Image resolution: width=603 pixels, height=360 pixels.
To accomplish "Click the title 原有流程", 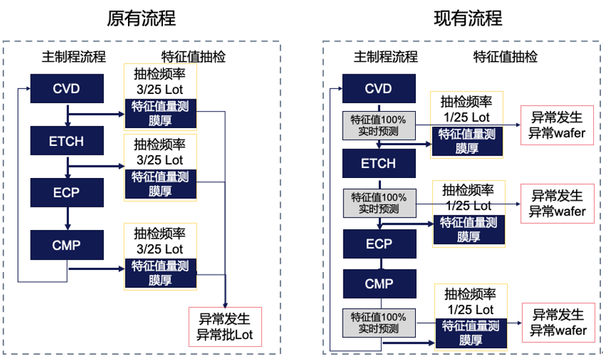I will click(x=141, y=18).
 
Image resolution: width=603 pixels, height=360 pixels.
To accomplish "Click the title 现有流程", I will click(x=468, y=18).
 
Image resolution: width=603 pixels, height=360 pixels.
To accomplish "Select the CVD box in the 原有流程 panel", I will click(x=67, y=87).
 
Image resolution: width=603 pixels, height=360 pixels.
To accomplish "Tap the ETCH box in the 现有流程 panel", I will click(x=378, y=164).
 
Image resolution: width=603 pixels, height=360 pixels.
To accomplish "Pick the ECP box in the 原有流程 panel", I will click(x=67, y=191).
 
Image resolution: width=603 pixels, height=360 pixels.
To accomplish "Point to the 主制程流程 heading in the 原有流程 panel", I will click(x=74, y=56).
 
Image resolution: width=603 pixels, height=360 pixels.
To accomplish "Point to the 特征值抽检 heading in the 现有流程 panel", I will click(x=506, y=56).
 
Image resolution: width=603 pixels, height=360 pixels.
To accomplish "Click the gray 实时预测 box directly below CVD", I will click(x=378, y=125).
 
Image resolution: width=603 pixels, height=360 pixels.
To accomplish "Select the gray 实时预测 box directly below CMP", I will click(x=378, y=323).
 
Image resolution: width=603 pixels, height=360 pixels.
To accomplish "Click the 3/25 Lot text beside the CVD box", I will click(x=159, y=89).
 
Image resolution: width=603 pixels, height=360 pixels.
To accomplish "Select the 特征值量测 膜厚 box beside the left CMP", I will click(x=160, y=273).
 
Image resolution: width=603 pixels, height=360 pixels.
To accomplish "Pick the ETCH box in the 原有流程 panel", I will click(x=67, y=141).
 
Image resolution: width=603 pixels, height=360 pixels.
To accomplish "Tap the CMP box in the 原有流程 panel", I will click(x=67, y=246).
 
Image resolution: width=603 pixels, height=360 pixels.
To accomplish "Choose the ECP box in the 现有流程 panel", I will click(x=378, y=244).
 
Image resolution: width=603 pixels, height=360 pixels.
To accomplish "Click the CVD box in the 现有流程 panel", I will click(x=378, y=89).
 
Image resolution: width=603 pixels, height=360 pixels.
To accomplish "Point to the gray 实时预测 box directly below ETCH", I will click(x=378, y=202).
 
